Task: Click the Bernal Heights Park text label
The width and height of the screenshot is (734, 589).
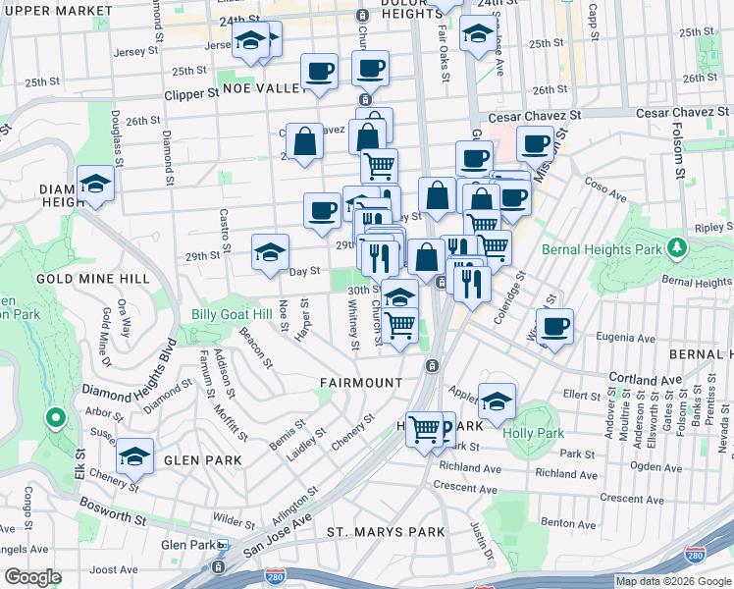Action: click(x=614, y=249)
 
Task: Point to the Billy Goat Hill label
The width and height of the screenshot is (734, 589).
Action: click(x=232, y=314)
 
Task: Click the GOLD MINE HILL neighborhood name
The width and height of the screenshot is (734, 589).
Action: click(x=92, y=279)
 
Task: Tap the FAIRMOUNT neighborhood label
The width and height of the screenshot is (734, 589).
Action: click(x=360, y=382)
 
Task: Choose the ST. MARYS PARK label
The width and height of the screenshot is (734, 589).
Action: click(x=386, y=532)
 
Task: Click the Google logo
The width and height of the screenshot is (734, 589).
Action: click(x=32, y=576)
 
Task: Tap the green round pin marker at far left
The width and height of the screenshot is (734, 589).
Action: click(x=56, y=419)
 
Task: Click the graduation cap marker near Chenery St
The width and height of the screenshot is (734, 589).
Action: click(x=134, y=456)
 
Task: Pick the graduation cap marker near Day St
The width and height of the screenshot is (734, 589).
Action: click(x=270, y=252)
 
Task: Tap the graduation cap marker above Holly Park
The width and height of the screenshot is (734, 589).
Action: click(x=498, y=400)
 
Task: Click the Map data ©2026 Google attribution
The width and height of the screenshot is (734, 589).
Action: click(x=673, y=581)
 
